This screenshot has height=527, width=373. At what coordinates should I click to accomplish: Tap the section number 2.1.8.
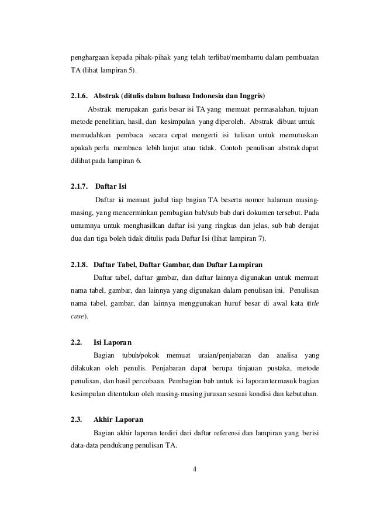pyautogui.click(x=79, y=264)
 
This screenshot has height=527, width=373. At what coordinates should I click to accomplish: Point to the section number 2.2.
pyautogui.click(x=75, y=341)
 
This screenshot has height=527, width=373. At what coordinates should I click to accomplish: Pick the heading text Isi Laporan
pyautogui.click(x=112, y=341)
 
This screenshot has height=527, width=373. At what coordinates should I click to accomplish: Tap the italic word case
pyautogui.click(x=74, y=315)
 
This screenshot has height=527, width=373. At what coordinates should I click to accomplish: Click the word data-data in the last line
pyautogui.click(x=78, y=446)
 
